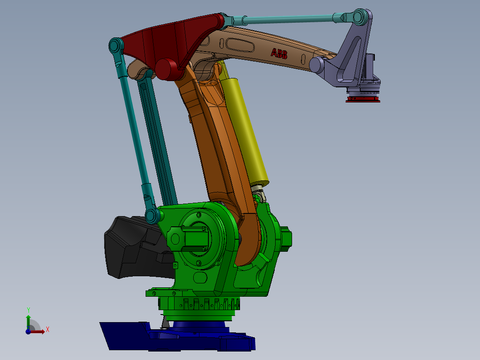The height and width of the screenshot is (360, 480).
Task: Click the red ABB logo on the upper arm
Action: (x=279, y=54)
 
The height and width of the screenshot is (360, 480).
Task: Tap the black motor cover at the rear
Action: (x=129, y=247)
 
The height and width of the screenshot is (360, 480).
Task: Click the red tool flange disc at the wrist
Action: (x=363, y=99)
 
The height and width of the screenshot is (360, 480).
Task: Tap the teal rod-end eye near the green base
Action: (x=152, y=216)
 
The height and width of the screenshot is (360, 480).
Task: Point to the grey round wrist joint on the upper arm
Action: (x=317, y=65)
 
